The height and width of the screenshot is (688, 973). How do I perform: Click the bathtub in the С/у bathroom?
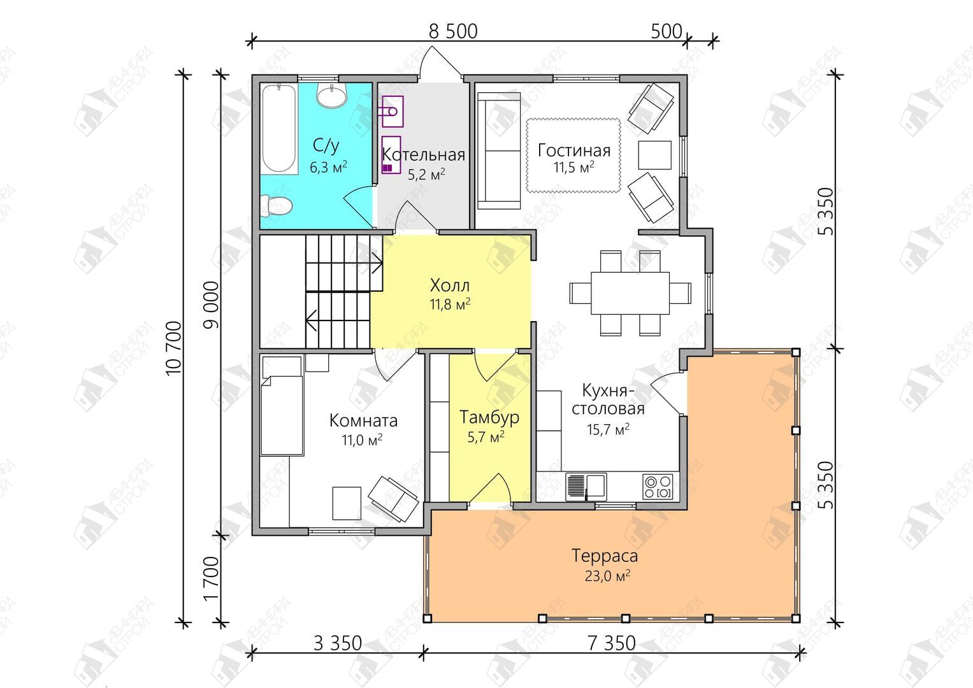[279, 129]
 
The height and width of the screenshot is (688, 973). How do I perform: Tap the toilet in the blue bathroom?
[275, 205]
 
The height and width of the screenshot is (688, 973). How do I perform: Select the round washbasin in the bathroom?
[332, 95]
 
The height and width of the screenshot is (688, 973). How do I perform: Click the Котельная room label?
[424, 155]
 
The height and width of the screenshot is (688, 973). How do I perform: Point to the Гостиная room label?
[574, 150]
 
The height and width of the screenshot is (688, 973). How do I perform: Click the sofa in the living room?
[499, 151]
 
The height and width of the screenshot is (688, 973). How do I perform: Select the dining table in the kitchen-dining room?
[630, 293]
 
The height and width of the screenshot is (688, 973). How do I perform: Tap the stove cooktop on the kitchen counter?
[658, 487]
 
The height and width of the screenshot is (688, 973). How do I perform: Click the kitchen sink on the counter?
[586, 487]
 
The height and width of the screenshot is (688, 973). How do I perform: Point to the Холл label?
[450, 285]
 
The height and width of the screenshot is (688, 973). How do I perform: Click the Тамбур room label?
[489, 417]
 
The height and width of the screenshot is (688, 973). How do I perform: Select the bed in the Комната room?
[282, 406]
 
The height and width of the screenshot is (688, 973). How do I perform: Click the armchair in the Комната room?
[393, 499]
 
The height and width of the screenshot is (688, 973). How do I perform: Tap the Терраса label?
[604, 555]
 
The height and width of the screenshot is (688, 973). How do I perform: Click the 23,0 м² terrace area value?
[607, 576]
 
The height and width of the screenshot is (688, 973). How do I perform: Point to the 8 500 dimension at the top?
[453, 31]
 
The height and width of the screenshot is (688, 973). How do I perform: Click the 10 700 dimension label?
[174, 348]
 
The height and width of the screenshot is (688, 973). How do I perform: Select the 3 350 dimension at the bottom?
[338, 643]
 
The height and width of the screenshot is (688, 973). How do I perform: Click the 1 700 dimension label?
[211, 579]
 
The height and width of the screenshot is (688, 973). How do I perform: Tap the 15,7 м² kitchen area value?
[608, 429]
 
